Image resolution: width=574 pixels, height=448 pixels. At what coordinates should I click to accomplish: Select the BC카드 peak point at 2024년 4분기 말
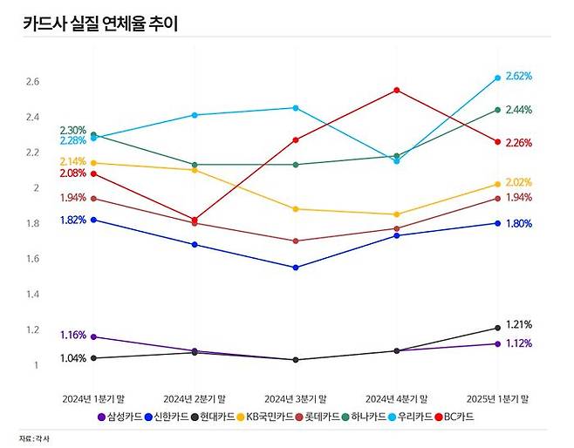(x=396, y=90)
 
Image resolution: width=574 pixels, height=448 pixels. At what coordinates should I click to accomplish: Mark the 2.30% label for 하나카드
(x=72, y=130)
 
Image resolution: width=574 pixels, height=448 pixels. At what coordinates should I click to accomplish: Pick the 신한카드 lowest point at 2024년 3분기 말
(x=295, y=268)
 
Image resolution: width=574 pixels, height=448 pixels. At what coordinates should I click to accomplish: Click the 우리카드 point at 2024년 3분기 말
(x=295, y=108)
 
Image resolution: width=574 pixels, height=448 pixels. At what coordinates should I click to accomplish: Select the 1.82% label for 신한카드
(x=72, y=221)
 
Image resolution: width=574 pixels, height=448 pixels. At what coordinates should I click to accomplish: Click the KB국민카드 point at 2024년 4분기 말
(x=396, y=214)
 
